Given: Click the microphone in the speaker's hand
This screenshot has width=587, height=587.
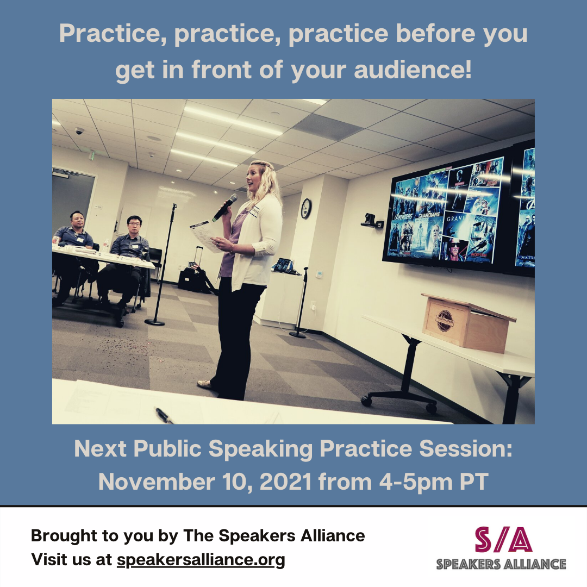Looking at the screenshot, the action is [x=225, y=208].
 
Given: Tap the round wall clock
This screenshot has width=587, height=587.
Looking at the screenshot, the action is [x=306, y=209].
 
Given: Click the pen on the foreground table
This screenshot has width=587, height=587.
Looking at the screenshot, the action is [x=164, y=415].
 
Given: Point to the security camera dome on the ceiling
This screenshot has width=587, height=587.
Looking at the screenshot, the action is [x=79, y=130].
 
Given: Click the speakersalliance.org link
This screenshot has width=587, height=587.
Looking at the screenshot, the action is [x=201, y=560].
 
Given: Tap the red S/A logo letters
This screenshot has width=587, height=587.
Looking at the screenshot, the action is [x=503, y=540].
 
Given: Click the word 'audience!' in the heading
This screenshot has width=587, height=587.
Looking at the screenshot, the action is [x=413, y=70].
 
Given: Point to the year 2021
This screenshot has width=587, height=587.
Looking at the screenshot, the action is [x=286, y=482].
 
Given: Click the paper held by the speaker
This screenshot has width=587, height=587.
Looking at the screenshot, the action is [x=206, y=235].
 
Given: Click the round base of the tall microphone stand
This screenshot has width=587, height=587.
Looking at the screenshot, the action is [x=154, y=322].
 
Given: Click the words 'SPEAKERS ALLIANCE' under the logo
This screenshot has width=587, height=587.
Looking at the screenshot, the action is [x=501, y=564].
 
